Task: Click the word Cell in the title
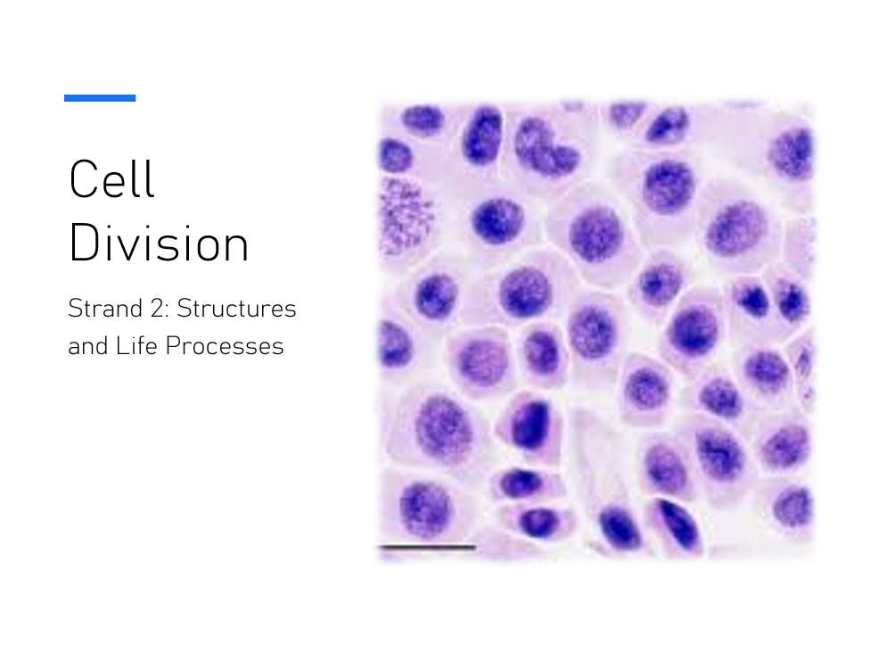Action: coord(111,178)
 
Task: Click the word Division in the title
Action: coord(159,243)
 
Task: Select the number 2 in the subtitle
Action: coord(157,308)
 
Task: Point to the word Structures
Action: coord(236,308)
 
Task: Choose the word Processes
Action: coord(225,345)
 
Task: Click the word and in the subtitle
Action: coord(88,345)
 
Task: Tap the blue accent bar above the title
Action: coord(100,98)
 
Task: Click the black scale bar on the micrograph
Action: coord(428,547)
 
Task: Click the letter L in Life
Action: coord(121,345)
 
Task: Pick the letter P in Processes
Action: coord(174,345)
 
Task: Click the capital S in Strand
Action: coord(76,308)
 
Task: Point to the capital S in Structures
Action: coord(185,308)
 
